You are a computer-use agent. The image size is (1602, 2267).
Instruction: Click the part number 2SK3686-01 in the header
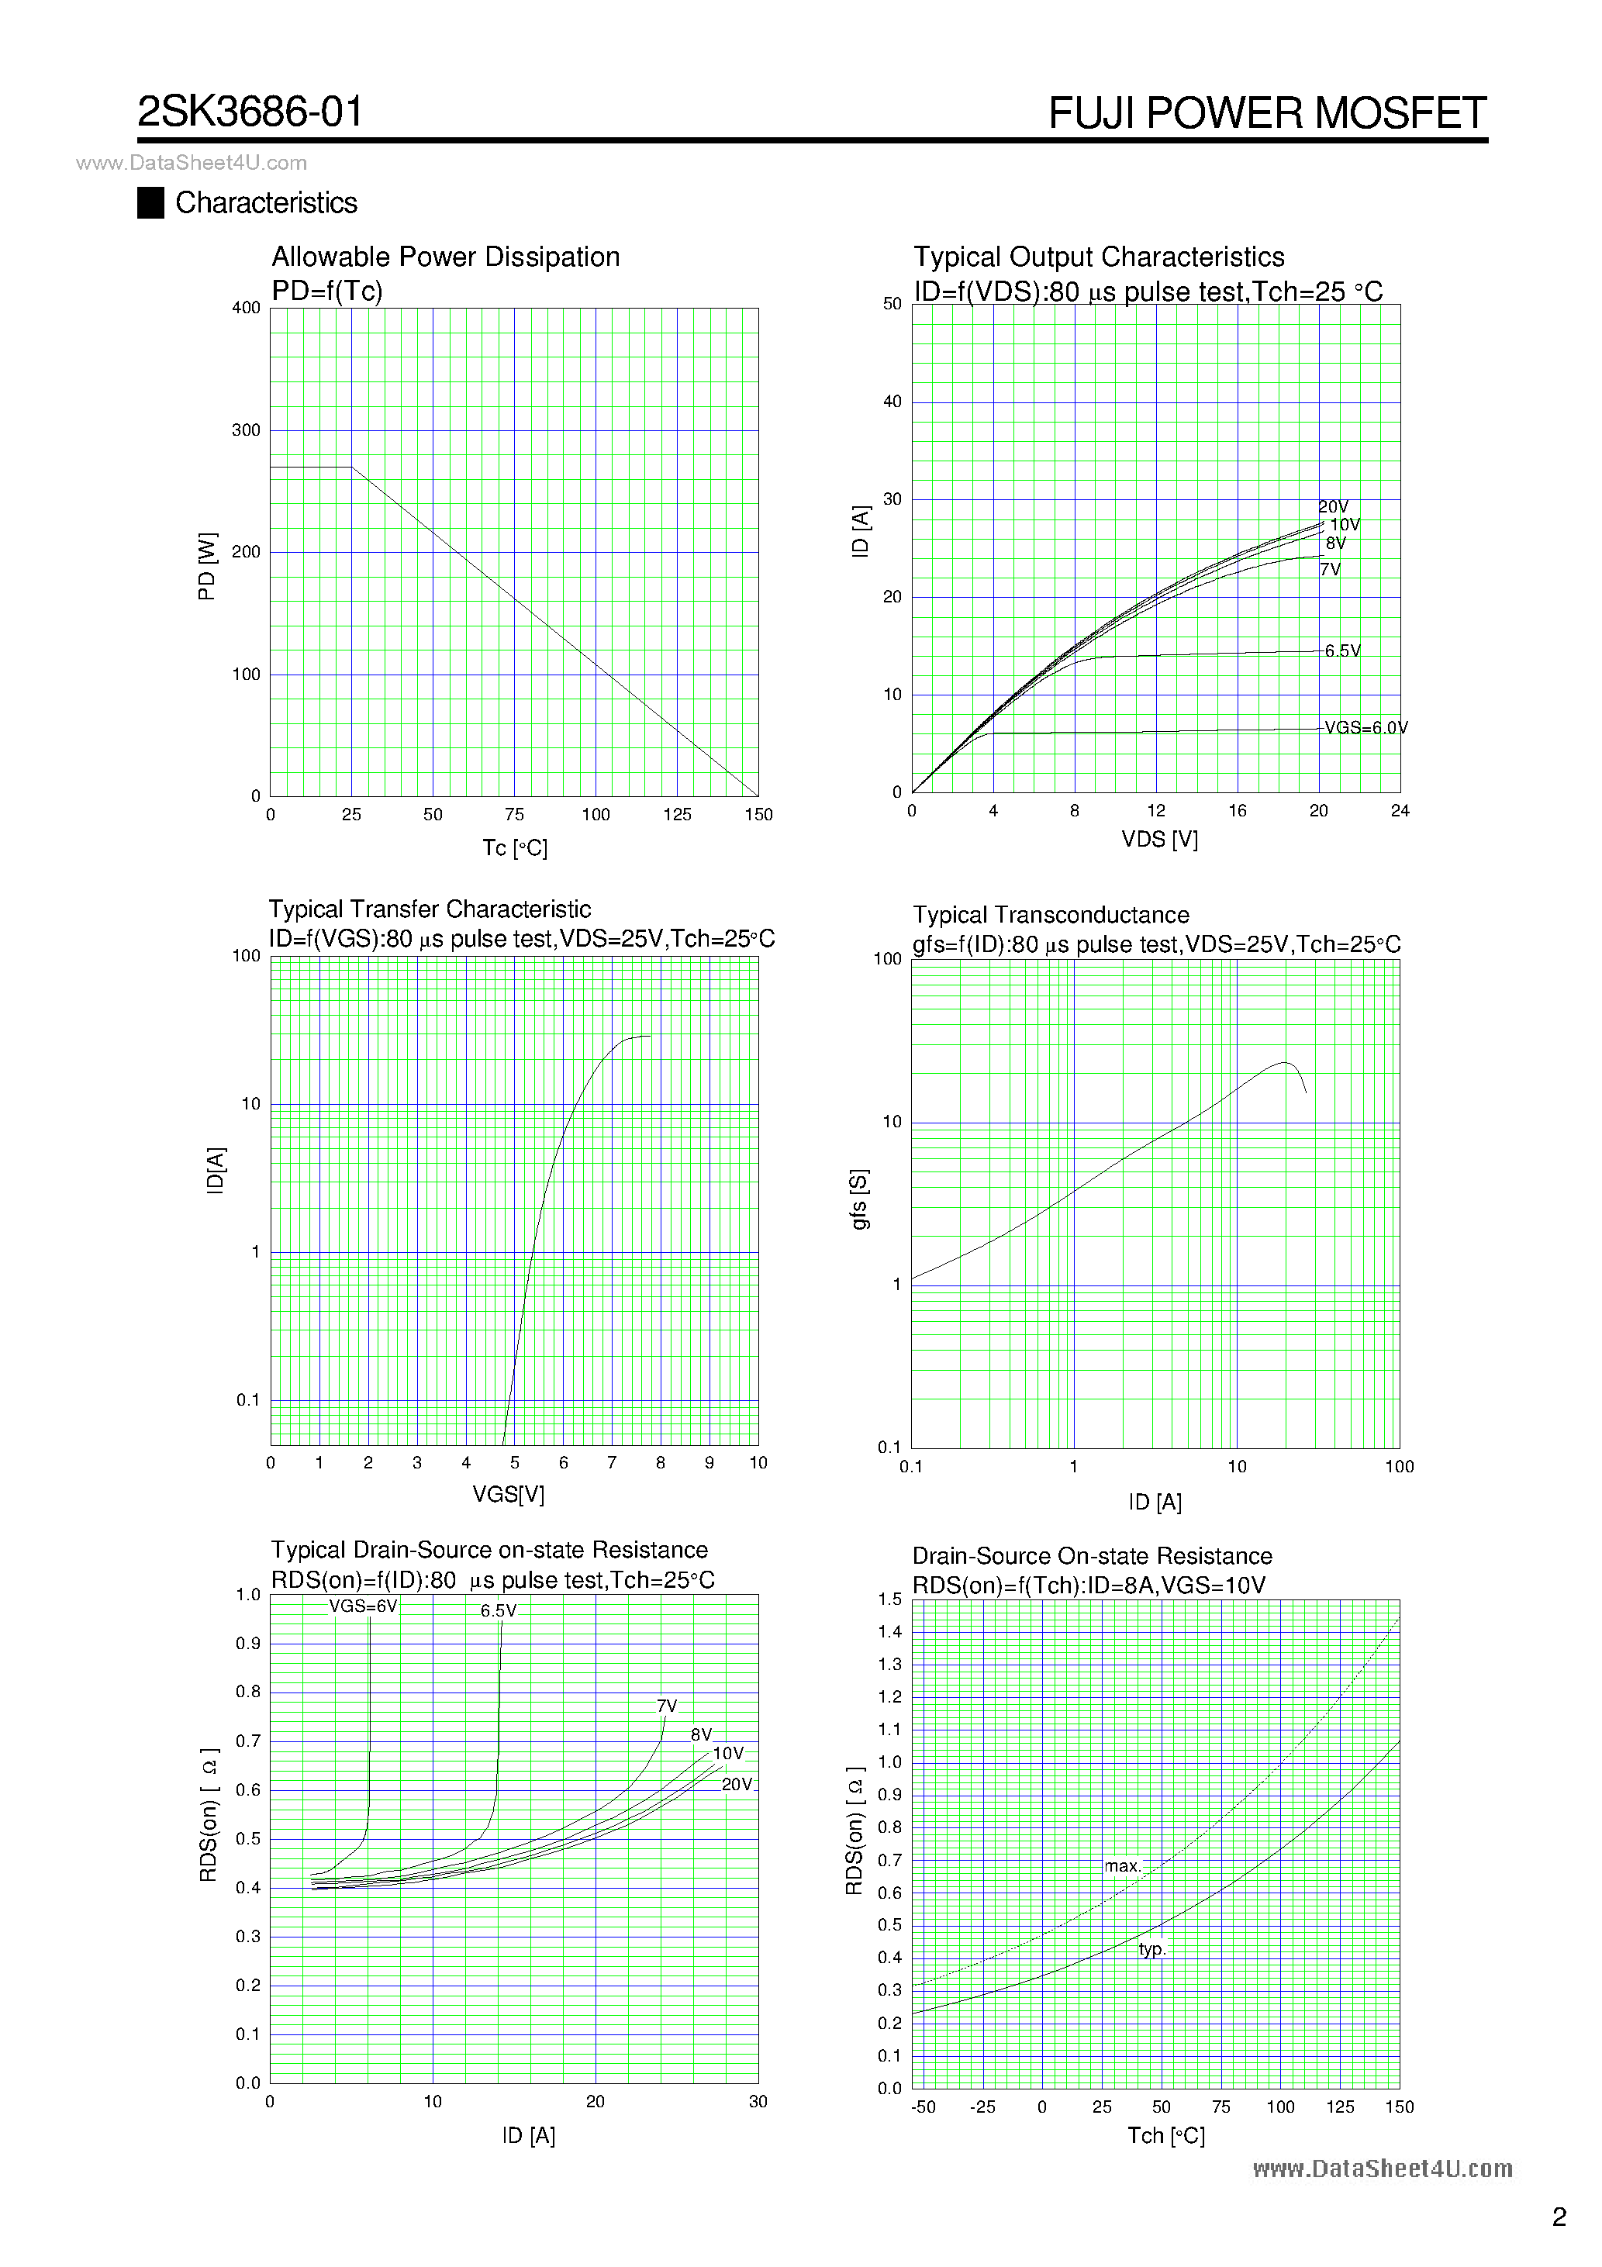tap(250, 112)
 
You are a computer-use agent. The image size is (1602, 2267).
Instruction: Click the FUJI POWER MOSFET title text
tap(1266, 113)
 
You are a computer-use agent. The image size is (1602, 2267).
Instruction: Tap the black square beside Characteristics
tap(150, 202)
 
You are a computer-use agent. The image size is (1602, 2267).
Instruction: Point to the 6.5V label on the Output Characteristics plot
tap(1342, 650)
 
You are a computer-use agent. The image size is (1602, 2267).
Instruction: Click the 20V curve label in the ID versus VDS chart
tap(1334, 506)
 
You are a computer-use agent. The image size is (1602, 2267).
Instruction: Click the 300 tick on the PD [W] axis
tap(246, 430)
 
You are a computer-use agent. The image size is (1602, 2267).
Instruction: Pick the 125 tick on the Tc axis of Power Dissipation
tap(677, 815)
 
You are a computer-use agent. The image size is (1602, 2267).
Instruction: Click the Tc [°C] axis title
tap(515, 848)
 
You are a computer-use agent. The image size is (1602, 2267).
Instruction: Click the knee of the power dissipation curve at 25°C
tap(351, 467)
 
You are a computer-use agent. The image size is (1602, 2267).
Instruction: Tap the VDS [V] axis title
tap(1158, 839)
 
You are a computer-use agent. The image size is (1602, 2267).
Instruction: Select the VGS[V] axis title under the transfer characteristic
tap(508, 1494)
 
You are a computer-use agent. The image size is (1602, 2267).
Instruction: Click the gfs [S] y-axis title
tap(859, 1199)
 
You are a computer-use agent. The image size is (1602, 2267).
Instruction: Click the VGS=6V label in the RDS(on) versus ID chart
tap(362, 1606)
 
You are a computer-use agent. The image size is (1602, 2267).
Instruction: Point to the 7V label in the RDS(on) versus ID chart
tap(667, 1706)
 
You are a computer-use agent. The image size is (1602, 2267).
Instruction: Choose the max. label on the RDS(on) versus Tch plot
tap(1123, 1866)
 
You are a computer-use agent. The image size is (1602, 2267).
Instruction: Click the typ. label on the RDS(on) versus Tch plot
tap(1151, 1949)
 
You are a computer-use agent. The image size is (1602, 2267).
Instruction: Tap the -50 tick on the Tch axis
tap(923, 2107)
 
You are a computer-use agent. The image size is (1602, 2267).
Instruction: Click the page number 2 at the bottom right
tap(1559, 2217)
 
